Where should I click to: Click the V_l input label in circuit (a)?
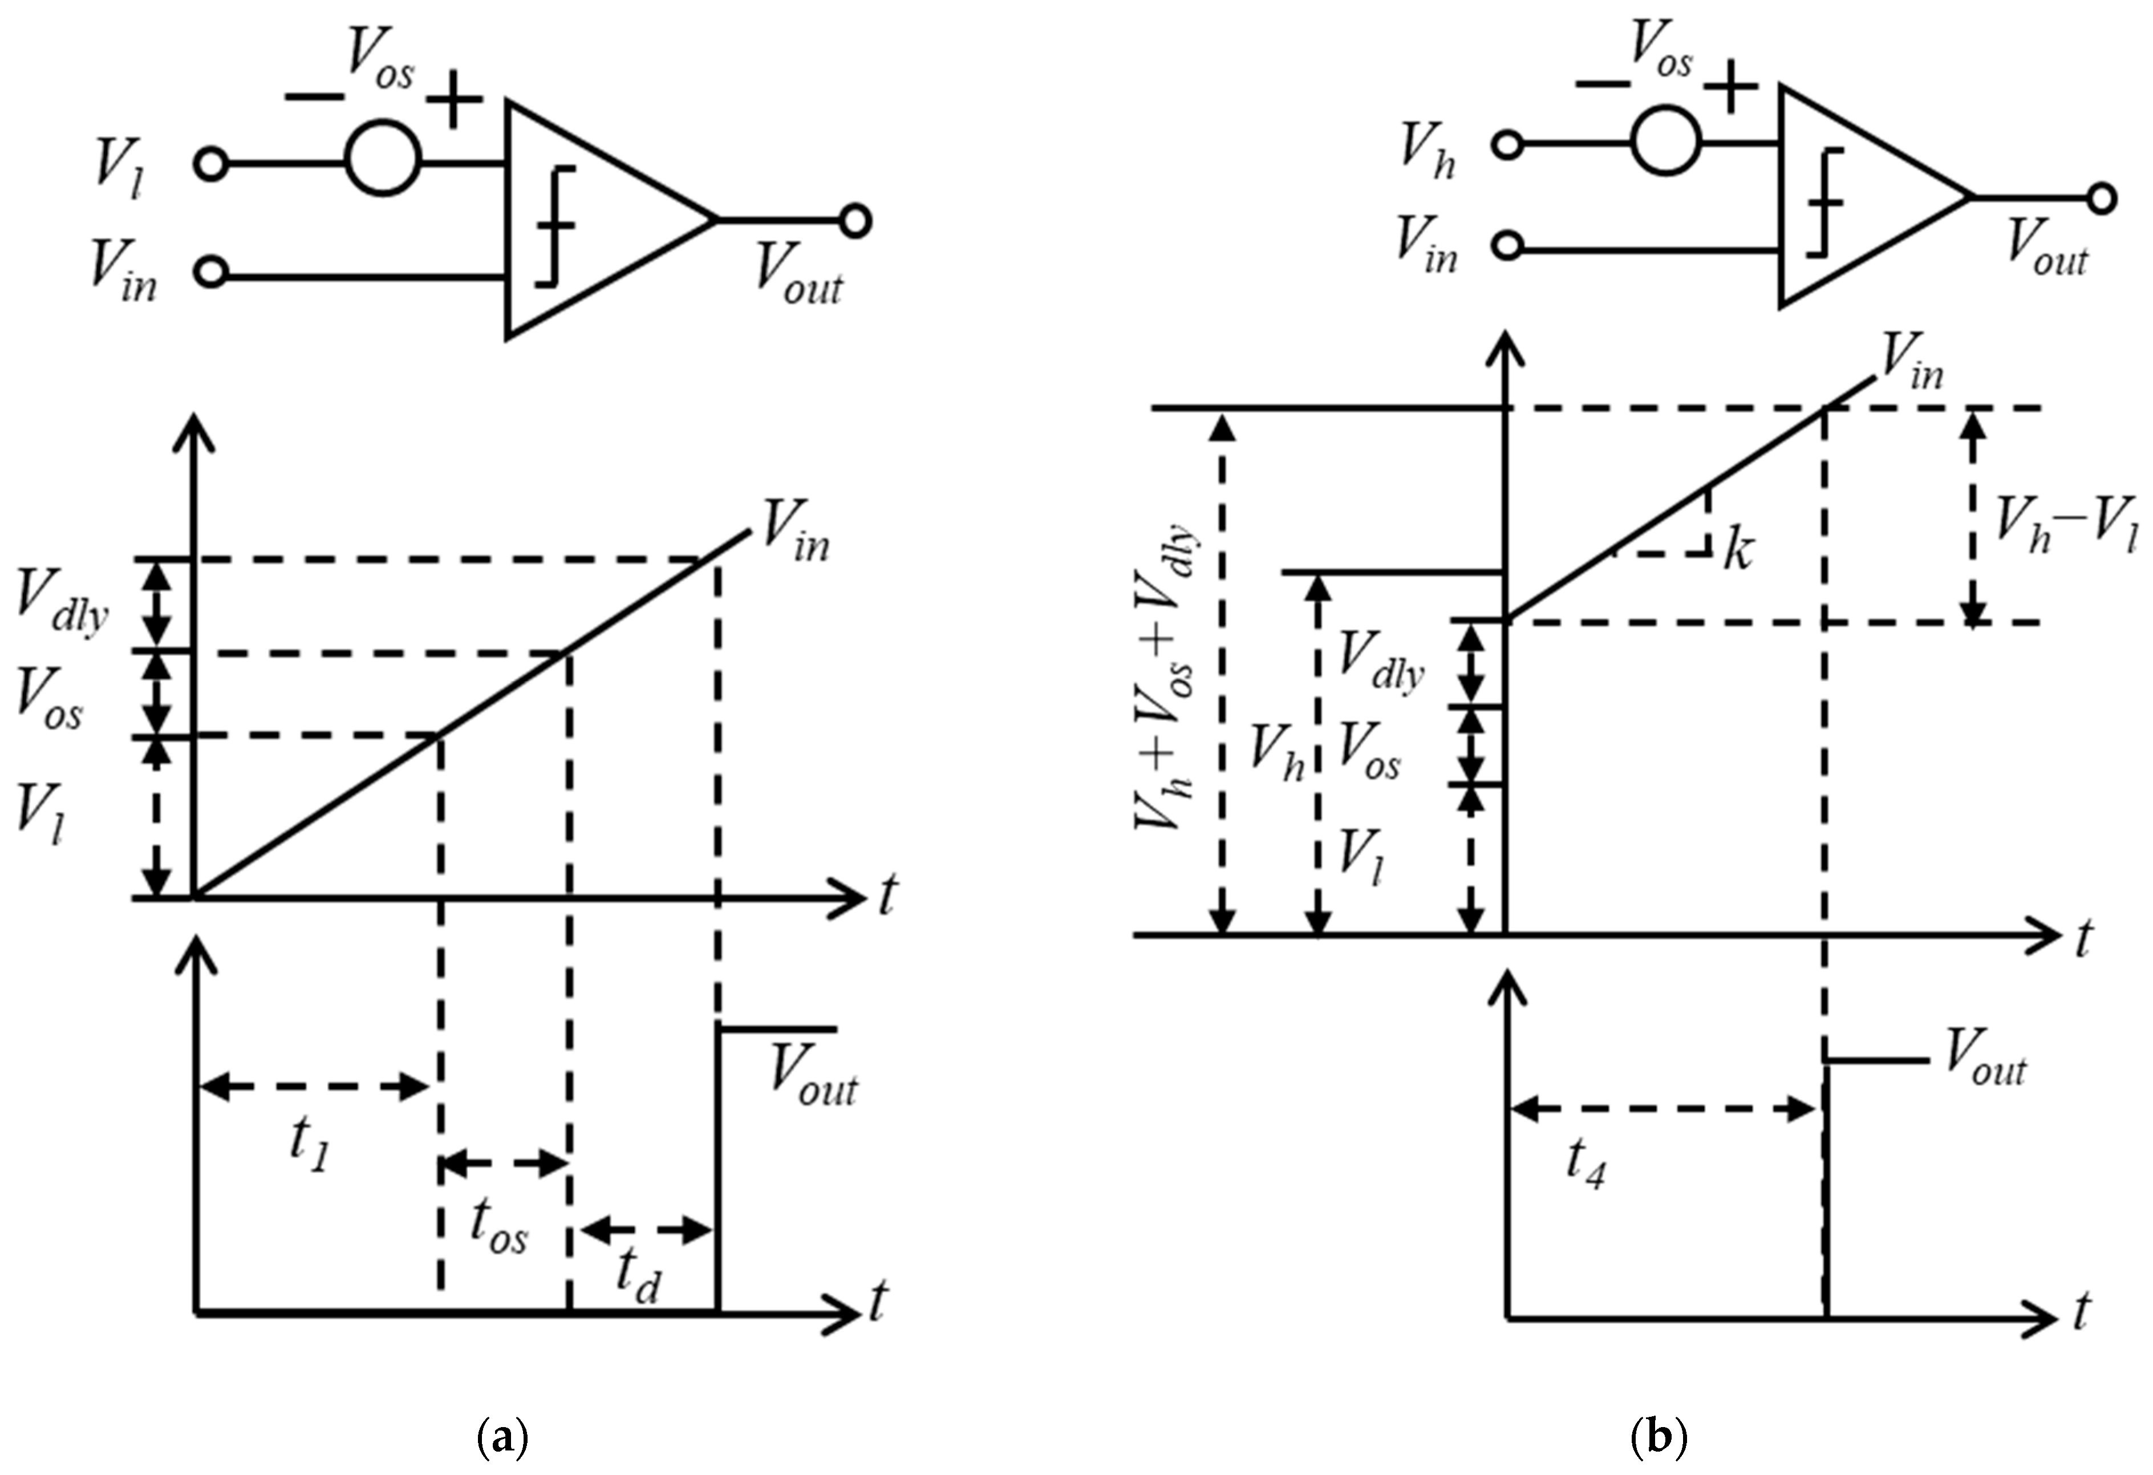point(117,169)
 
